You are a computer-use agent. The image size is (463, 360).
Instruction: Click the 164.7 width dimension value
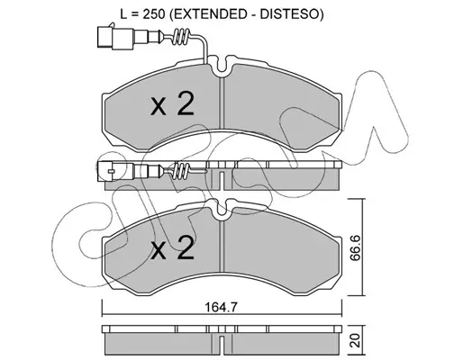[221, 307]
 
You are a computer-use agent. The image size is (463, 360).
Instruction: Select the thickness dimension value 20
[356, 341]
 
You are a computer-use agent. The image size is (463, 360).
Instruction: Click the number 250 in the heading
[154, 14]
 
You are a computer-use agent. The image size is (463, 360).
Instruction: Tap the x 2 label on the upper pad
[172, 103]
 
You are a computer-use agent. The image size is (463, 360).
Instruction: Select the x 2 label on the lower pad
[172, 247]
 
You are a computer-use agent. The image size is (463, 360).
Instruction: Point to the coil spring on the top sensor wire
[180, 37]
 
